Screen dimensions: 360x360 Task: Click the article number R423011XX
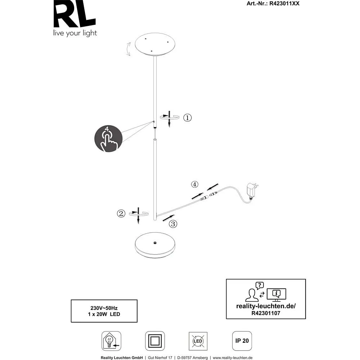click(x=284, y=4)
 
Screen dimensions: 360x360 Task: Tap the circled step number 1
click(x=187, y=118)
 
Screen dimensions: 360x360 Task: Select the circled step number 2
click(x=121, y=213)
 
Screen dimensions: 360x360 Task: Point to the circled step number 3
click(x=173, y=224)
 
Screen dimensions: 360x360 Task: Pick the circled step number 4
click(x=194, y=184)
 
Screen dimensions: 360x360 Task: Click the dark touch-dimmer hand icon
click(x=108, y=139)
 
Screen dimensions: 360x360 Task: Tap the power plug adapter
click(x=252, y=190)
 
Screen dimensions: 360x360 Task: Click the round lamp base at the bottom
click(x=155, y=245)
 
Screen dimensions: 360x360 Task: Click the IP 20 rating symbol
click(x=242, y=341)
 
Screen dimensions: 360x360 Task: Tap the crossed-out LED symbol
click(x=198, y=341)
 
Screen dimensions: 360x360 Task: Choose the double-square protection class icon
click(x=155, y=341)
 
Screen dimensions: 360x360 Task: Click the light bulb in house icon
click(x=111, y=341)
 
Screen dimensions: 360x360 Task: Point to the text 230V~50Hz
click(x=104, y=308)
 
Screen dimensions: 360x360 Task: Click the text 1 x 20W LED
click(x=104, y=314)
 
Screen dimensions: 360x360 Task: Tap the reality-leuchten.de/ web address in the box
click(x=266, y=306)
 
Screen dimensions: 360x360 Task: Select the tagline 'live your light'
click(x=75, y=33)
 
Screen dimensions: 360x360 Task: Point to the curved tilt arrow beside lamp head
click(x=128, y=49)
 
